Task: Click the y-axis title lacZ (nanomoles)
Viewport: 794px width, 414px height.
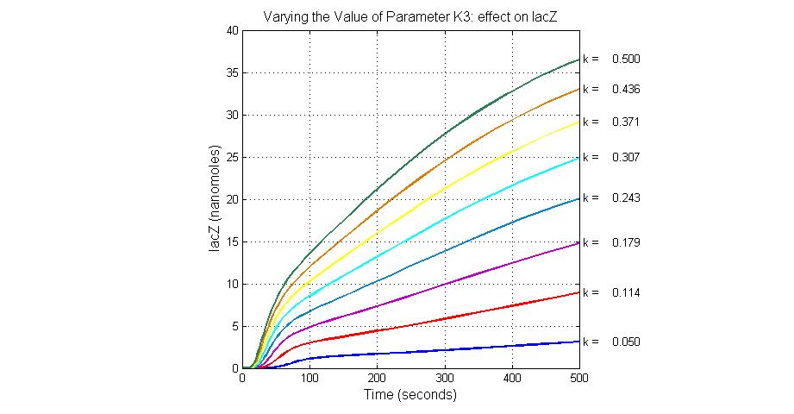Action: click(x=214, y=199)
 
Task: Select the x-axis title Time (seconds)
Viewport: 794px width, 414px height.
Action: click(x=410, y=395)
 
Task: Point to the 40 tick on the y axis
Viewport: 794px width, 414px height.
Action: click(x=231, y=30)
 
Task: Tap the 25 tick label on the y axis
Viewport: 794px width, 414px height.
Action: click(x=231, y=157)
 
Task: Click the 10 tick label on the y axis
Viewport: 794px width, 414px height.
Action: click(x=231, y=284)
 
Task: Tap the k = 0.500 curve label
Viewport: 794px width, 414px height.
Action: click(x=611, y=60)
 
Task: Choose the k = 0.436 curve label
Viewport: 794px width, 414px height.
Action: click(x=611, y=89)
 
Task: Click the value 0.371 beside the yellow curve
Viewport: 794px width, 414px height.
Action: click(x=625, y=122)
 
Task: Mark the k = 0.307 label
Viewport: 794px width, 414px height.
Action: click(x=611, y=157)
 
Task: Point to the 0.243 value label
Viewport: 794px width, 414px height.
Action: click(x=625, y=198)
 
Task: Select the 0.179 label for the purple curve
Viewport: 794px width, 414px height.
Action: click(x=625, y=242)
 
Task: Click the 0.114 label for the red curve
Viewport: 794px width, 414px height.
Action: click(x=625, y=292)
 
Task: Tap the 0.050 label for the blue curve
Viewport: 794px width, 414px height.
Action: click(x=625, y=342)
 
